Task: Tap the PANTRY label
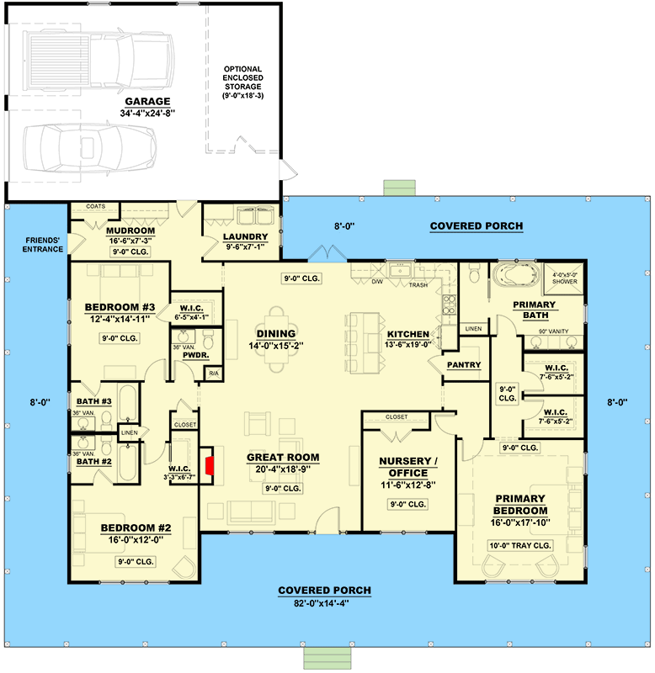[465, 364]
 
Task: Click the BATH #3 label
[94, 401]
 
